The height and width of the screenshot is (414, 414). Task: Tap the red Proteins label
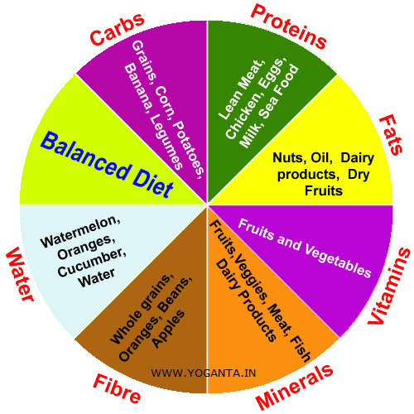(288, 27)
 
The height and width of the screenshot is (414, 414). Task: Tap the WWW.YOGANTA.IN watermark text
(202, 373)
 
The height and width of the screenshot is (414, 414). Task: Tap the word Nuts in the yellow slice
(288, 157)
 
